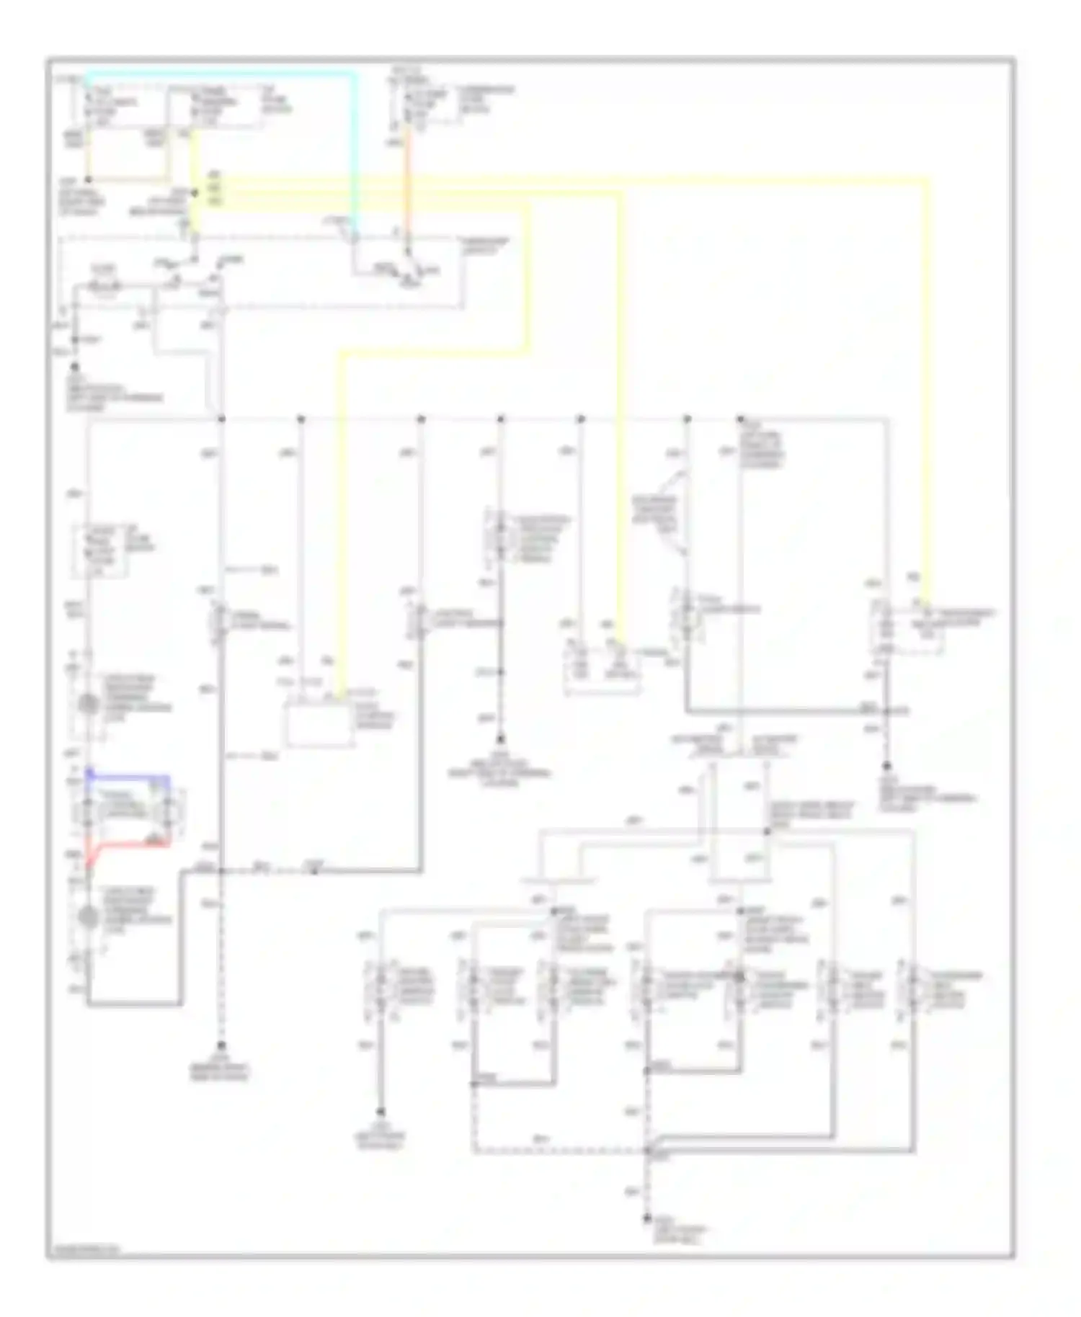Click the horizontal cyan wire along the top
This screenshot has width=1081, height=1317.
point(216,73)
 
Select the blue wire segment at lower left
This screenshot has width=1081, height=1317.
point(130,777)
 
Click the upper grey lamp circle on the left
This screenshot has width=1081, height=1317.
point(88,704)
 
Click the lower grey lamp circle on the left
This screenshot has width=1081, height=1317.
point(88,917)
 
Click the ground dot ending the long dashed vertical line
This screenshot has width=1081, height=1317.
point(221,1045)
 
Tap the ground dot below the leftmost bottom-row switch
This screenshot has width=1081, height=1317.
point(381,1112)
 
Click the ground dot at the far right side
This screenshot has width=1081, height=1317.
point(887,767)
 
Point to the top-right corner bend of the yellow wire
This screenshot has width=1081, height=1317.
point(925,180)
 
